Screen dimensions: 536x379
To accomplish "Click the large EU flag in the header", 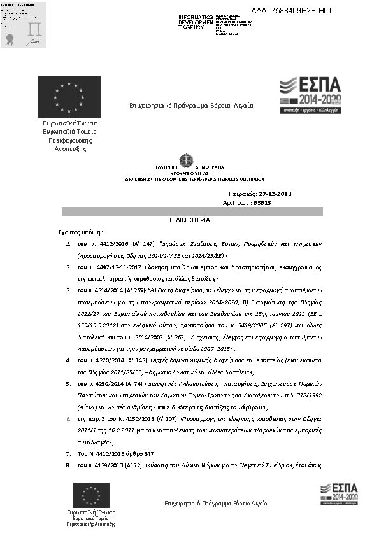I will pyautogui.click(x=68, y=97).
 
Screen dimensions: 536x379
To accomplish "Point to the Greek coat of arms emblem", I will pyautogui.click(x=189, y=159).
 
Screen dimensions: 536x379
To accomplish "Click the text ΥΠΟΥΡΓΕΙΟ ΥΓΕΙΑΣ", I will pyautogui.click(x=189, y=173).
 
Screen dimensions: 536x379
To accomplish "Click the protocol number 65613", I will pyautogui.click(x=262, y=202).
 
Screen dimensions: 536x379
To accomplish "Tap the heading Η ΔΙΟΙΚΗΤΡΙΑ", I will pyautogui.click(x=189, y=219).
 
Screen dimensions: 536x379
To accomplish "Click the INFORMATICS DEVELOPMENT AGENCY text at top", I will pyautogui.click(x=196, y=22).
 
